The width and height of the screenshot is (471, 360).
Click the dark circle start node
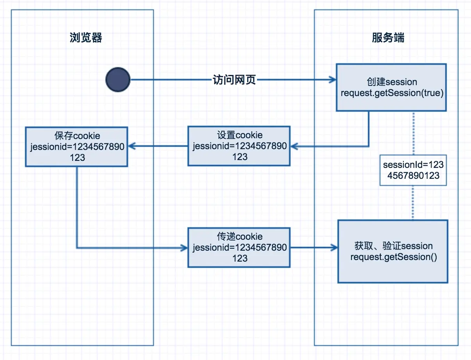(118, 80)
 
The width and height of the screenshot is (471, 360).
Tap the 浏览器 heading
(86, 38)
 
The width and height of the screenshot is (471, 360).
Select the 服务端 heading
(388, 38)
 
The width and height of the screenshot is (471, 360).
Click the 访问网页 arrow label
(234, 80)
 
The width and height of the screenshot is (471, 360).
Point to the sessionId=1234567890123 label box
(413, 170)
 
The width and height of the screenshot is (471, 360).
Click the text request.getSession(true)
(392, 93)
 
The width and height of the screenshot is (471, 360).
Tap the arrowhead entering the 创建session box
(333, 80)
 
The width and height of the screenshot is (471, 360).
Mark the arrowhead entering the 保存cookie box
(132, 146)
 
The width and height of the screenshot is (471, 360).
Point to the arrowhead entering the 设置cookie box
(294, 146)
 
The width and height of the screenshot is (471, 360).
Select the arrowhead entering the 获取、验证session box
(334, 248)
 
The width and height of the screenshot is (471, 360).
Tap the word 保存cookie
(77, 136)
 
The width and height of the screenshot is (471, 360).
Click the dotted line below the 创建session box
(412, 133)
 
